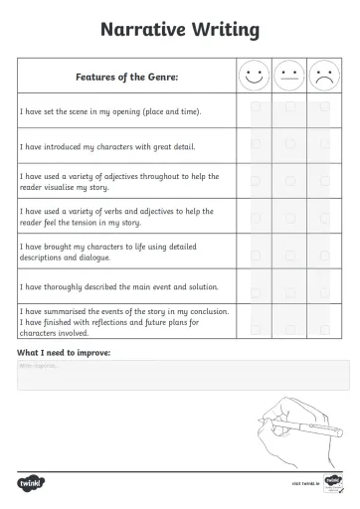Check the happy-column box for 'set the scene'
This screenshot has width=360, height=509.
(255, 109)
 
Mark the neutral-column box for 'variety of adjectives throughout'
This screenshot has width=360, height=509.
(289, 180)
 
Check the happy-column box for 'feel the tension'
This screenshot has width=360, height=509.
(255, 216)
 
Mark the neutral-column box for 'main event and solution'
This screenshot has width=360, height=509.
(289, 286)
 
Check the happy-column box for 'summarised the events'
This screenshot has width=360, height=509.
(255, 321)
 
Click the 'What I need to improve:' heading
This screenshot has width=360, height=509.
(65, 352)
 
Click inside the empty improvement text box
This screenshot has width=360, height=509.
(179, 376)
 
